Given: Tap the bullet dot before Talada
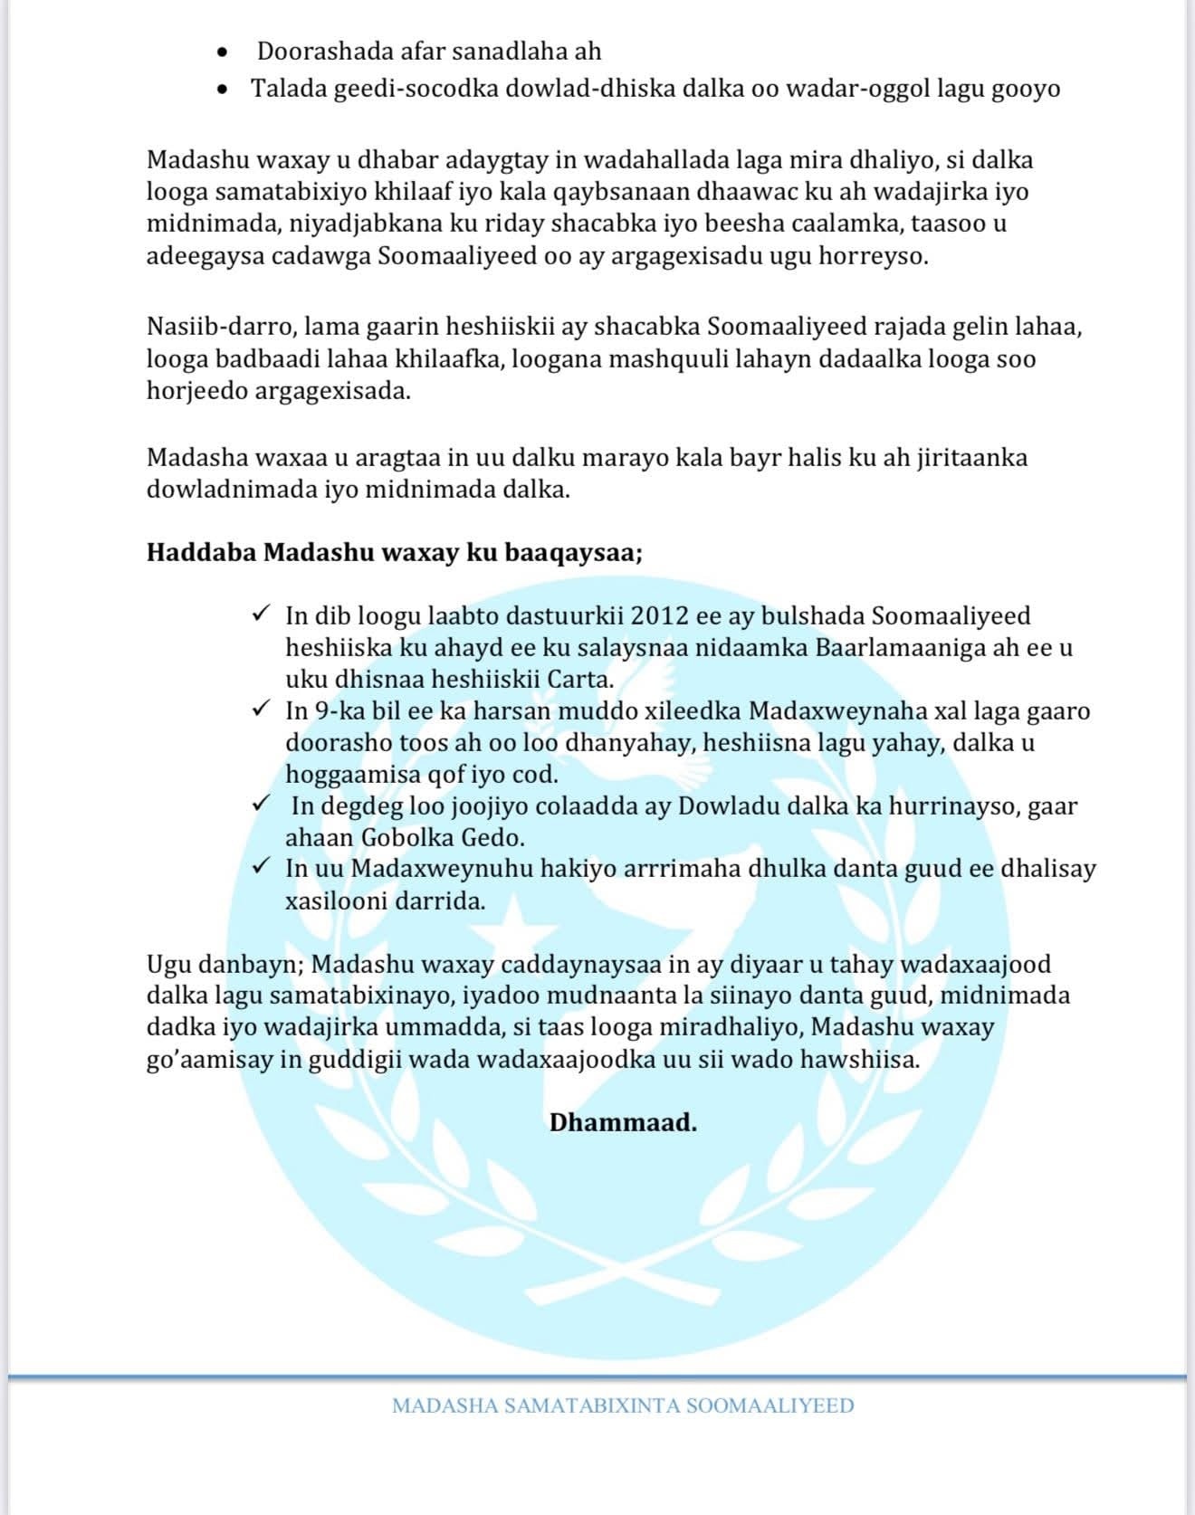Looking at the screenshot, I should pyautogui.click(x=223, y=90).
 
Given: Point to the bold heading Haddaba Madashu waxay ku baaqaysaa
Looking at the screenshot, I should pyautogui.click(x=395, y=552).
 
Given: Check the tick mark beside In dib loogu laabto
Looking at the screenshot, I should pyautogui.click(x=261, y=615).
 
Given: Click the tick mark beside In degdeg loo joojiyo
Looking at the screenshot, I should pyautogui.click(x=261, y=804).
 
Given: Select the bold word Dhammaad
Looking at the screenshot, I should pyautogui.click(x=623, y=1123).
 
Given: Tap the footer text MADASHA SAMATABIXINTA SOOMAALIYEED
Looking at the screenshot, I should pyautogui.click(x=623, y=1405).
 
